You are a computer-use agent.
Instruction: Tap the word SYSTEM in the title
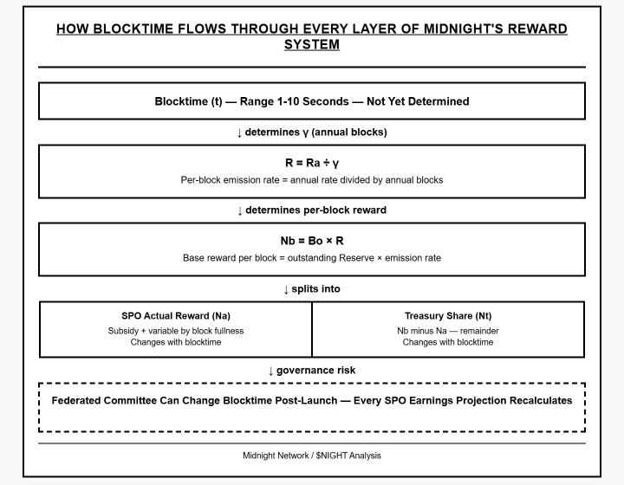click(312, 44)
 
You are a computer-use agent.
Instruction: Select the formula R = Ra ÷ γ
click(312, 163)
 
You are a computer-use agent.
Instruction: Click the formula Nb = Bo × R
click(312, 241)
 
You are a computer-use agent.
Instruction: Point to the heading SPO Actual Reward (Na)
click(176, 316)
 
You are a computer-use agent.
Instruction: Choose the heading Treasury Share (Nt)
click(448, 316)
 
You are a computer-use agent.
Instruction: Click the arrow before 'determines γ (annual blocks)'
click(240, 133)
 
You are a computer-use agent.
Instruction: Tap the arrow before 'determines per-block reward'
click(240, 210)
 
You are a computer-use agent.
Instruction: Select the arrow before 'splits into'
click(287, 289)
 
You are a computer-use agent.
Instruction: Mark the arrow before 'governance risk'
click(271, 371)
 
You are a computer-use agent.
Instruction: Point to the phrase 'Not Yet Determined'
click(418, 101)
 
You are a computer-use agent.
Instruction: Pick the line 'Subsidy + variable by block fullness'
click(176, 330)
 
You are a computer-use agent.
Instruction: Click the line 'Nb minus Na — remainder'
click(448, 330)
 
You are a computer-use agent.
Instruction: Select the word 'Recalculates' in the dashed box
click(536, 401)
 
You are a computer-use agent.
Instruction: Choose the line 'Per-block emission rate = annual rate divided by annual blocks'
click(312, 180)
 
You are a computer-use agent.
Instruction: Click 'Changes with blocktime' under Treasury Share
click(448, 342)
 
